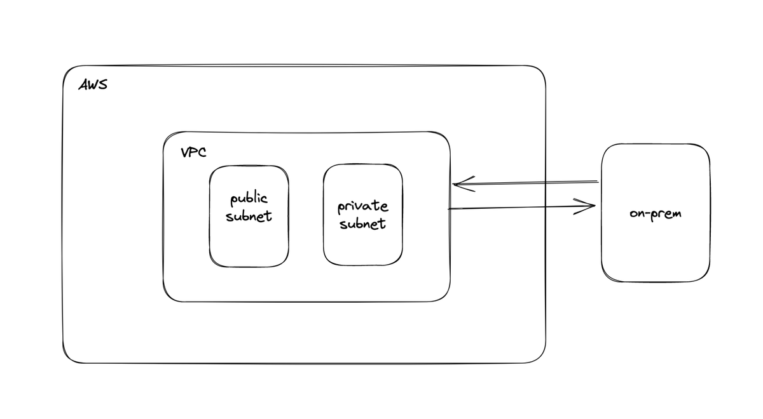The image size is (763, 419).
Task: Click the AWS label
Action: point(93,84)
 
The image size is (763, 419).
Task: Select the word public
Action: point(249,200)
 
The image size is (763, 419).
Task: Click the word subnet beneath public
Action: point(249,216)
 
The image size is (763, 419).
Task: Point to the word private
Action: point(362,207)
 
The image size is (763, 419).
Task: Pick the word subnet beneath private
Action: point(362,223)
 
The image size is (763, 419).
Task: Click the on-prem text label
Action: point(656,213)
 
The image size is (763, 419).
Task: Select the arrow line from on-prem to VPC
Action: point(528,183)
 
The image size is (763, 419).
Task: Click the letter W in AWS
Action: point(92,84)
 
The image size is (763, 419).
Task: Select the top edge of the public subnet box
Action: point(249,166)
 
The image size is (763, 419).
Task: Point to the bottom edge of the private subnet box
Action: point(362,265)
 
